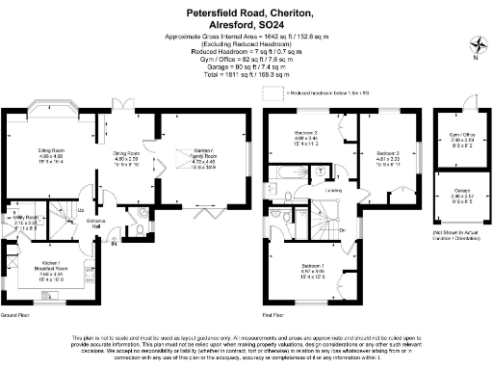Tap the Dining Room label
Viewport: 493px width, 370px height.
click(127, 153)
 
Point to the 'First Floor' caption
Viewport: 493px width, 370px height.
click(276, 314)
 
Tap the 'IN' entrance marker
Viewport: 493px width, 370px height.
click(114, 243)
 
